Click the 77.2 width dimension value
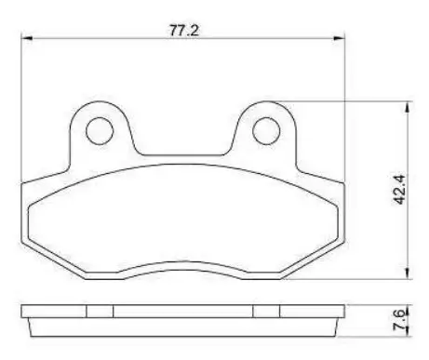pyautogui.click(x=183, y=31)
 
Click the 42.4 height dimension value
pyautogui.click(x=398, y=190)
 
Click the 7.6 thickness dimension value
pyautogui.click(x=399, y=319)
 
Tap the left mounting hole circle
pyautogui.click(x=100, y=131)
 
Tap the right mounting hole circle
pyautogui.click(x=266, y=131)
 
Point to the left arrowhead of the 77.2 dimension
pyautogui.click(x=26, y=38)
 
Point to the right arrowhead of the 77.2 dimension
pyautogui.click(x=339, y=38)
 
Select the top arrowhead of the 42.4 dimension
pyautogui.click(x=408, y=107)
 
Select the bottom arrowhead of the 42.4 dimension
pyautogui.click(x=408, y=273)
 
